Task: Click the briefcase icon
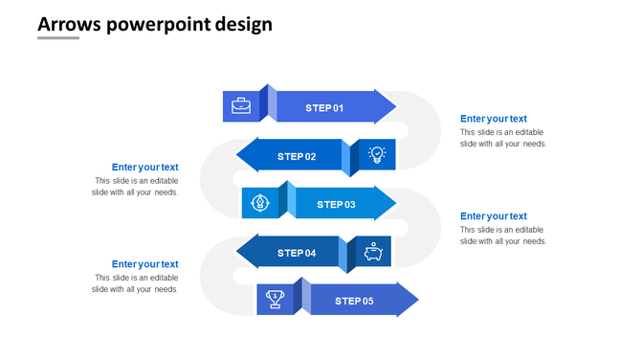point(241,106)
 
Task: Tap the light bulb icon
point(377,154)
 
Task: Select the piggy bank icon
point(373,253)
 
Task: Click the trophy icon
point(275,299)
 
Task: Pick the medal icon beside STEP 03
point(259,203)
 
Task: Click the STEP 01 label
point(324,108)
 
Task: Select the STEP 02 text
point(297,156)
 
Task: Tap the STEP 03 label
point(336,204)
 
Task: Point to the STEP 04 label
point(297,253)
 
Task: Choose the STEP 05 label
point(354,301)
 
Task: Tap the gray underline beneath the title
point(58,39)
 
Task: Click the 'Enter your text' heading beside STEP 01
point(493,119)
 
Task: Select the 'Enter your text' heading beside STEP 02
point(144,168)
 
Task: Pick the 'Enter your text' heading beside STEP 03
point(493,216)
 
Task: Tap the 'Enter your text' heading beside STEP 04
point(144,264)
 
